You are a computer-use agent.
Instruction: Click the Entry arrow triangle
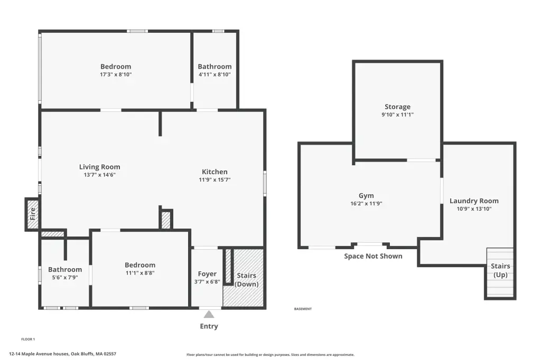point(209,314)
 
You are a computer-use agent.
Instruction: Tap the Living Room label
point(100,167)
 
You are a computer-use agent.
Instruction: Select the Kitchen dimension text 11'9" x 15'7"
point(214,179)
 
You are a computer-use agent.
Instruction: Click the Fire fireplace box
point(33,214)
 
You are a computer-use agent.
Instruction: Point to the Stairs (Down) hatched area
point(244,278)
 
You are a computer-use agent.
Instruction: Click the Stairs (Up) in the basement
point(500,272)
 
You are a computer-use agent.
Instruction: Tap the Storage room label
point(397,107)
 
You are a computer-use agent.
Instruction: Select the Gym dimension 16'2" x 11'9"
point(366,203)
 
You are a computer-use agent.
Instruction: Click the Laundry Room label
point(474,201)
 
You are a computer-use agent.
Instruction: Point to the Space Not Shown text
point(373,256)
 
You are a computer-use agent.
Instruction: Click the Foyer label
point(207,274)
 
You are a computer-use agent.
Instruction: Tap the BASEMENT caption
point(303,309)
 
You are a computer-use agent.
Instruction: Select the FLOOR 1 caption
point(28,339)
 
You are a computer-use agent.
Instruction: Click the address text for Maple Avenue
point(62,354)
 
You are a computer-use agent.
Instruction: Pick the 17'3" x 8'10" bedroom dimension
point(116,74)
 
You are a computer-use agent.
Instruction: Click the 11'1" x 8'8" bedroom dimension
point(140,273)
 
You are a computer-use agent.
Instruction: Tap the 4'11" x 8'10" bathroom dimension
point(214,74)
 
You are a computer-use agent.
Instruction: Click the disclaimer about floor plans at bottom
point(270,355)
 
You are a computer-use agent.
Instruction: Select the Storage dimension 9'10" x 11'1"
point(397,115)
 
